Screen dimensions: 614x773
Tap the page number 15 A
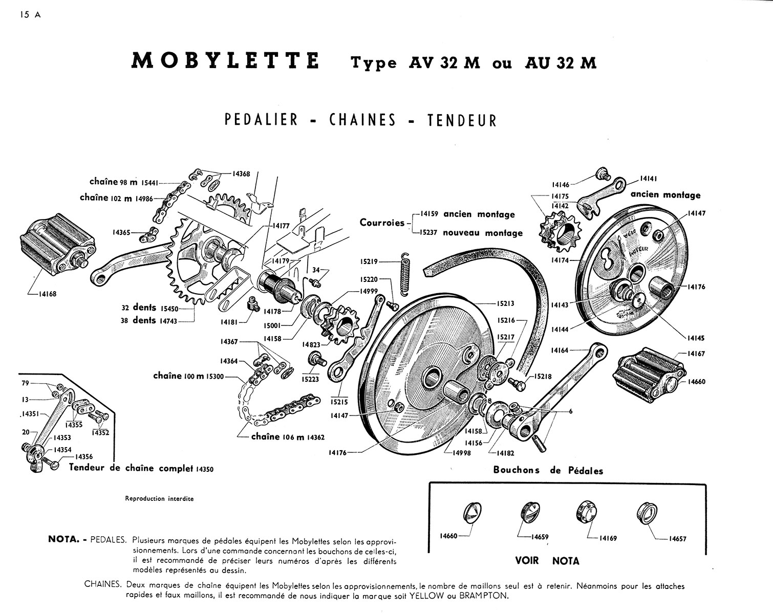pyautogui.click(x=31, y=15)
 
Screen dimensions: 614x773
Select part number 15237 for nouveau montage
pyautogui.click(x=428, y=233)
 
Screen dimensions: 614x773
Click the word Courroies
pyautogui.click(x=382, y=223)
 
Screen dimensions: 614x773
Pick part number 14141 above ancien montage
pyautogui.click(x=649, y=179)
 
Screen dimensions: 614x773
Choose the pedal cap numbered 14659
pyautogui.click(x=529, y=512)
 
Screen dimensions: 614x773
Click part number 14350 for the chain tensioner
pyautogui.click(x=204, y=469)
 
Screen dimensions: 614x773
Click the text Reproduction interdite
pyautogui.click(x=159, y=499)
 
